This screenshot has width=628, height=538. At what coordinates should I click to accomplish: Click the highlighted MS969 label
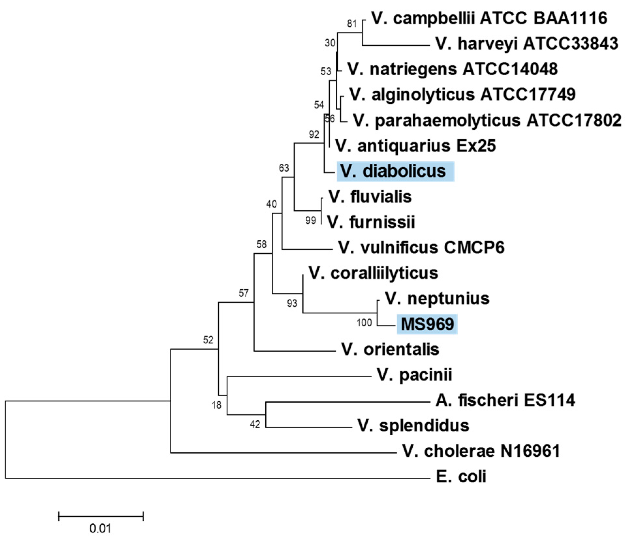(x=427, y=324)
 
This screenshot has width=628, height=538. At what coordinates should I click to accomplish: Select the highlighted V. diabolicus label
(x=395, y=171)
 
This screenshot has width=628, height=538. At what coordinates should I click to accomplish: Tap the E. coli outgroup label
(x=461, y=477)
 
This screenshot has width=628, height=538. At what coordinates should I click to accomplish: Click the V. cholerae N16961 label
(x=481, y=452)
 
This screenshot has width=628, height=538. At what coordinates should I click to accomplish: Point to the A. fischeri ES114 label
(x=505, y=400)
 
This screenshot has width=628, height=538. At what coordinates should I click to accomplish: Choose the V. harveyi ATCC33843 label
(x=527, y=44)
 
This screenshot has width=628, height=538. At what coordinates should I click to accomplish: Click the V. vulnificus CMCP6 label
(x=421, y=248)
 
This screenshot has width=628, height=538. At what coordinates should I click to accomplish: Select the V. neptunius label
(x=437, y=299)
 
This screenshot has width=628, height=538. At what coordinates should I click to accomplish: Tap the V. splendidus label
(x=413, y=426)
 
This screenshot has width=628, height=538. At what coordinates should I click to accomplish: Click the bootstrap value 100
(x=364, y=323)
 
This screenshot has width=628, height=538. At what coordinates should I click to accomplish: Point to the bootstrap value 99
(x=311, y=221)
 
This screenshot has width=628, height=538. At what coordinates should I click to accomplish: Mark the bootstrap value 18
(x=216, y=405)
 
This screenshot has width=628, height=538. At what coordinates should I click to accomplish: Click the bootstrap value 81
(x=352, y=24)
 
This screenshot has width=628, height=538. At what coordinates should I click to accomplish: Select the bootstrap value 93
(x=292, y=304)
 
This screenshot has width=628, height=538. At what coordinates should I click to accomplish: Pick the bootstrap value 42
(x=255, y=425)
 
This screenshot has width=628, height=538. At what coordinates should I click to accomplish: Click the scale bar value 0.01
(x=100, y=529)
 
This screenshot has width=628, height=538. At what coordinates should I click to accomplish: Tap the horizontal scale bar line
(x=101, y=516)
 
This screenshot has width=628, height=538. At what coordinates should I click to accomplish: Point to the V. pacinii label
(x=414, y=375)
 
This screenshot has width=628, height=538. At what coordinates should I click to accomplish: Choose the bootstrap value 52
(x=208, y=340)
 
